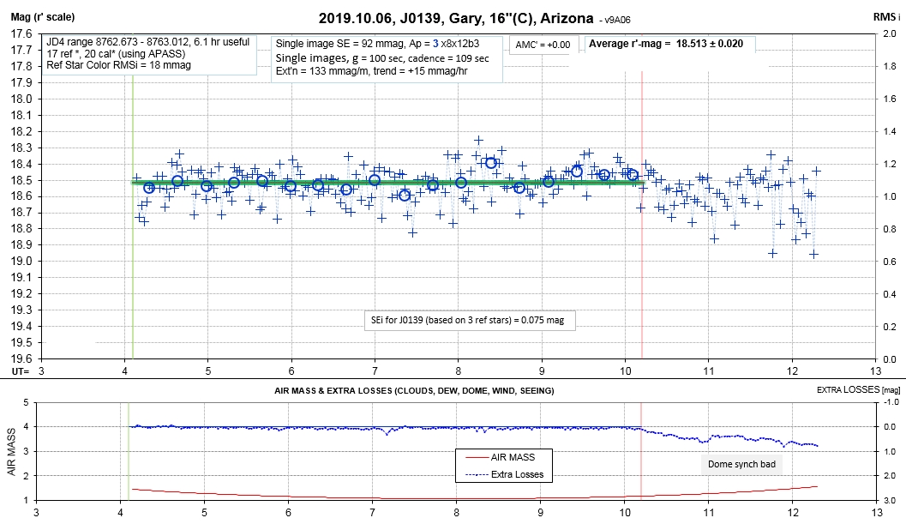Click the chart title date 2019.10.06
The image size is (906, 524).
pos(355,19)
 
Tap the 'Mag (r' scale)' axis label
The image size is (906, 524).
pos(43,17)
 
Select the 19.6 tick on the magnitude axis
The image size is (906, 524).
pos(21,358)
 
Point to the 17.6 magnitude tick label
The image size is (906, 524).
pos(21,33)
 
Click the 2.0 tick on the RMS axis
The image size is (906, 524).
pos(889,33)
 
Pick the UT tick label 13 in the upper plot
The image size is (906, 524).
pos(876,370)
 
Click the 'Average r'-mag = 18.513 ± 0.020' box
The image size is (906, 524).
pos(669,44)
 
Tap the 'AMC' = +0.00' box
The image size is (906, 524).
pos(543,45)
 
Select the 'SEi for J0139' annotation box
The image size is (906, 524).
pos(469,320)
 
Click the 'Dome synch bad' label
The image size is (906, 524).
pos(741,464)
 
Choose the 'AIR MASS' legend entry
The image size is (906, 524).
pos(513,457)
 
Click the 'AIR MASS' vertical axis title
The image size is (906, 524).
pos(11,452)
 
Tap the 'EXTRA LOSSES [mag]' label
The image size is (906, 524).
pos(858,390)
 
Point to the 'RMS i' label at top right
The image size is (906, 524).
pos(886,17)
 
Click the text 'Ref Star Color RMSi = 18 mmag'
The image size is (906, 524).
pos(118,65)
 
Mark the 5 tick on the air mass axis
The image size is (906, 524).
pos(25,402)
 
